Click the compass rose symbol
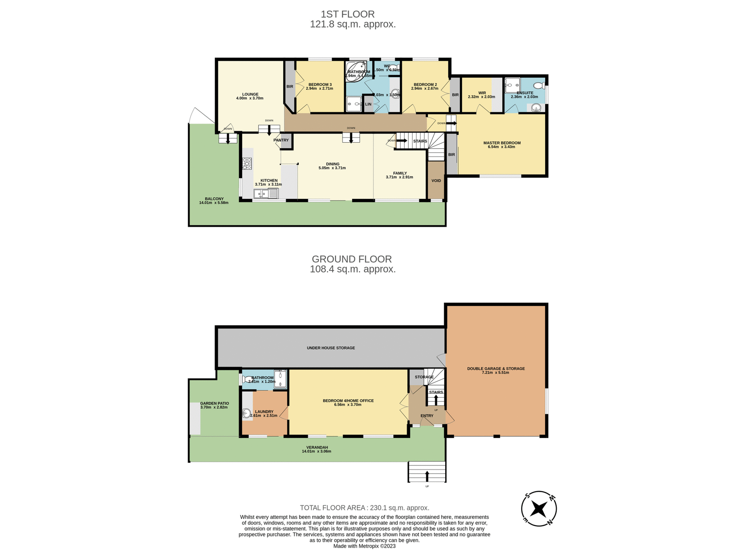click(539, 508)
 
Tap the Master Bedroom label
click(502, 143)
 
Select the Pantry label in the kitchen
click(281, 140)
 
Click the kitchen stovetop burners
click(247, 164)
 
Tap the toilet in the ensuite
click(539, 85)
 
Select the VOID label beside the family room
click(436, 181)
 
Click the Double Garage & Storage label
click(496, 369)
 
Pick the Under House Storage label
click(331, 348)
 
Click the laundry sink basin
click(246, 414)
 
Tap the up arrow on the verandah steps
click(427, 475)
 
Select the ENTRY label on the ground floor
click(427, 416)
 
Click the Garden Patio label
click(214, 403)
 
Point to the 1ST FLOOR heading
click(347, 14)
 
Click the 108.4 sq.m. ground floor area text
click(352, 269)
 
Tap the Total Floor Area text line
click(364, 508)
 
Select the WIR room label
click(482, 93)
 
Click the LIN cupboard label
click(368, 104)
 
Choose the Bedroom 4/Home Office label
click(348, 401)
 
